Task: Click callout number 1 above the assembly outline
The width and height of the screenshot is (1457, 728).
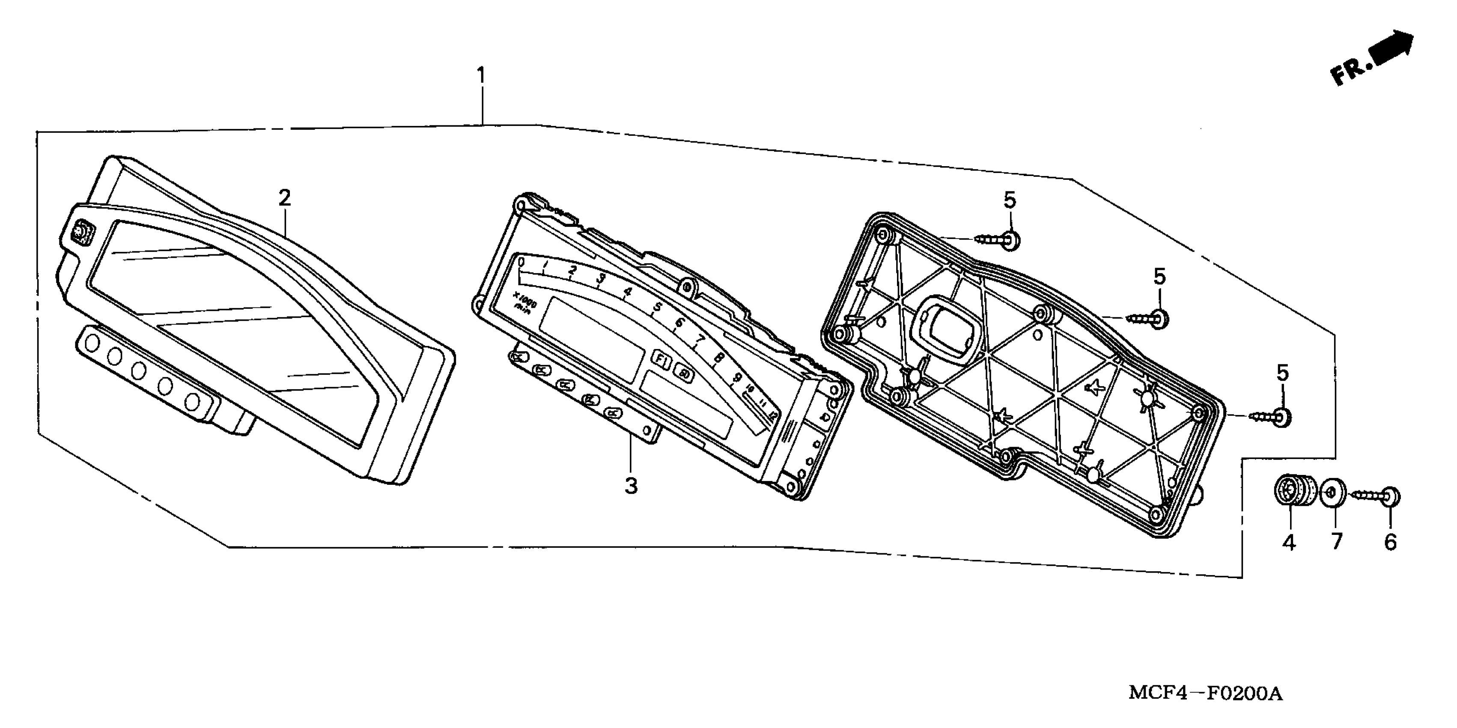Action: coord(481,75)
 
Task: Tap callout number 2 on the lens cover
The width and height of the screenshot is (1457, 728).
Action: coord(284,198)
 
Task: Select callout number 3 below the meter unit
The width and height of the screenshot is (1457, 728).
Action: coord(631,485)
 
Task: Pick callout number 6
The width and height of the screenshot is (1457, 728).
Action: coord(1390,542)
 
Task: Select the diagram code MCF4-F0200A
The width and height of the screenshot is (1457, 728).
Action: coord(1205,693)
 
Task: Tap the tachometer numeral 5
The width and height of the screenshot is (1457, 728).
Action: coord(657,307)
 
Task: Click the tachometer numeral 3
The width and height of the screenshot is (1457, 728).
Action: coord(601,278)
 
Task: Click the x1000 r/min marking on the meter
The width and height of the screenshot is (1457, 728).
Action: coord(524,300)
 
